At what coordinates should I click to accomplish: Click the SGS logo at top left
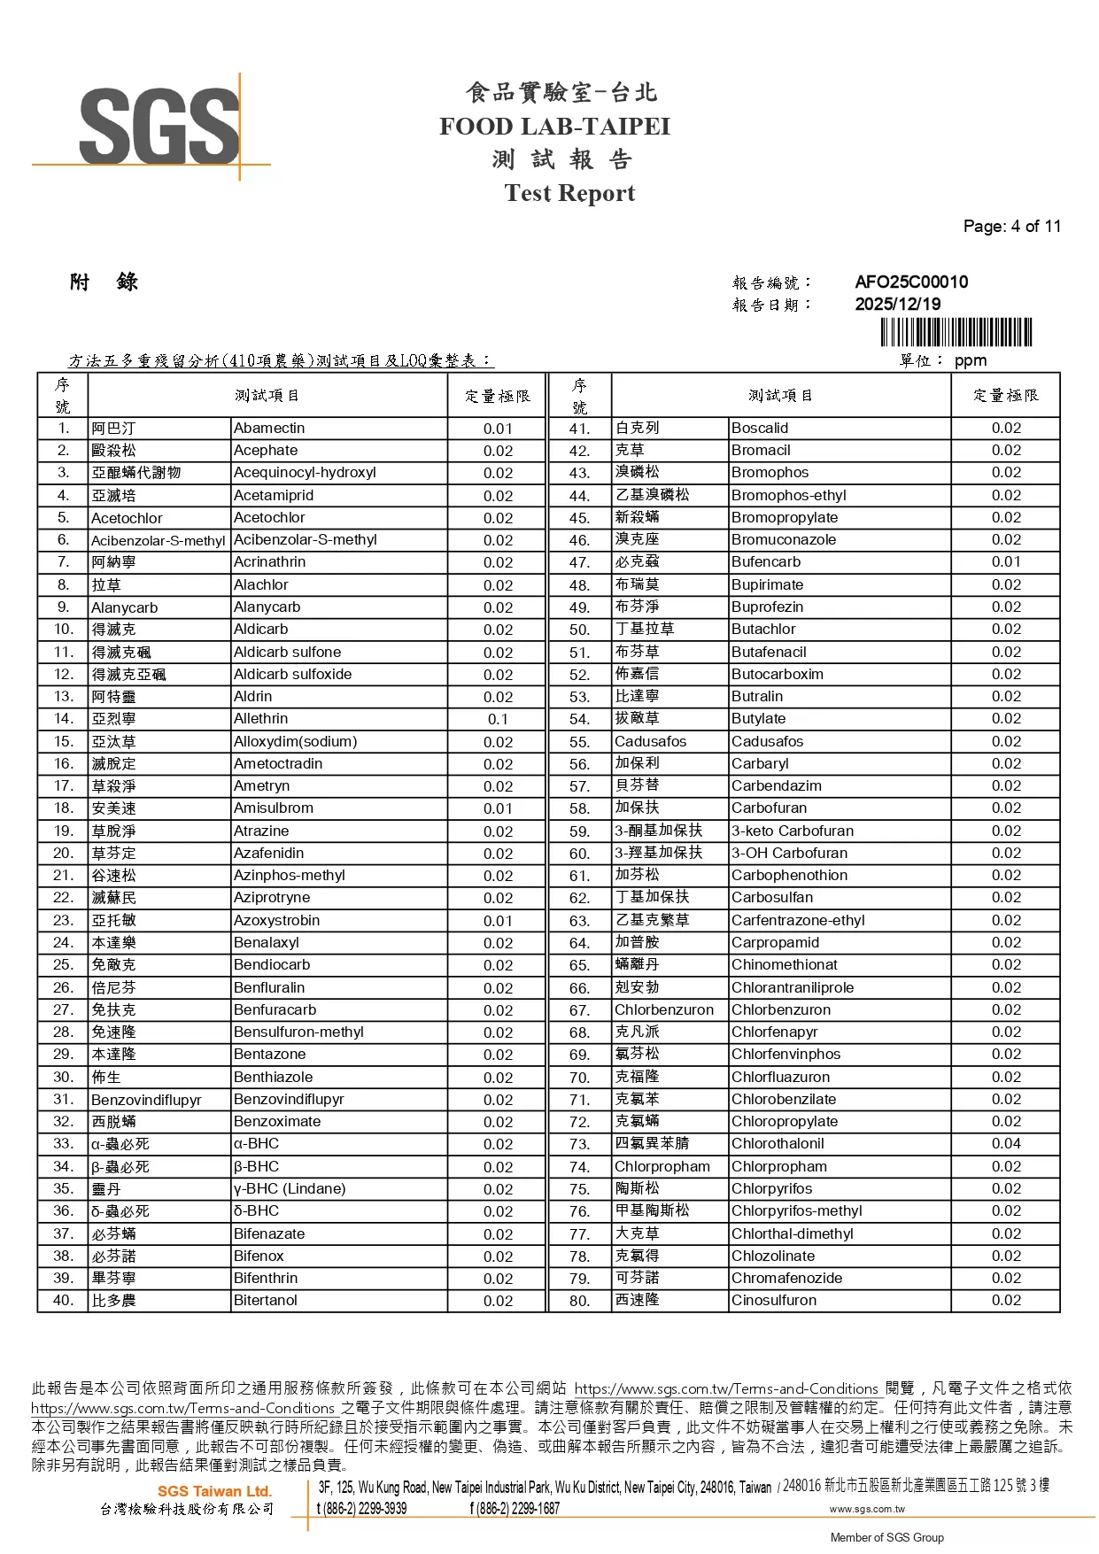click(x=159, y=126)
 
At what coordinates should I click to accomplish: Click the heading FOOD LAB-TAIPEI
click(x=554, y=127)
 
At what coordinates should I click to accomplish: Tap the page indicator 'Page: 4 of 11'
click(x=1011, y=226)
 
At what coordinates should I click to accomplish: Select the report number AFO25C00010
click(x=911, y=282)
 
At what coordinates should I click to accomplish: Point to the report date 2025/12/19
click(x=897, y=304)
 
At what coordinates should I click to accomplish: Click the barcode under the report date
click(x=956, y=333)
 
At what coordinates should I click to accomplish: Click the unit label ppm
click(x=971, y=360)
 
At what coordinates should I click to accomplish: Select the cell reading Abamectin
click(x=269, y=429)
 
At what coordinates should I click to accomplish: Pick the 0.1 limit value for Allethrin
click(x=498, y=719)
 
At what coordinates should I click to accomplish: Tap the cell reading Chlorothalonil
click(x=778, y=1144)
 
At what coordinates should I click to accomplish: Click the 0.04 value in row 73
click(x=1006, y=1144)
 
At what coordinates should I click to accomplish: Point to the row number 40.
click(x=63, y=1301)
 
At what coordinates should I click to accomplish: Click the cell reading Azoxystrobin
click(x=276, y=921)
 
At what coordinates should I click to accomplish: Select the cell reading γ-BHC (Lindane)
click(x=290, y=1189)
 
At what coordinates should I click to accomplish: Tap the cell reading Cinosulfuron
click(x=774, y=1301)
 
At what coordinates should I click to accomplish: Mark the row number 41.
click(x=580, y=429)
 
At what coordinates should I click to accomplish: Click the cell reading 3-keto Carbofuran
click(x=793, y=831)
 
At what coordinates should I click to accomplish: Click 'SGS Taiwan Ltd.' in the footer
click(x=215, y=1491)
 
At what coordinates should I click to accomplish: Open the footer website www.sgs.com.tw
click(x=867, y=1509)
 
